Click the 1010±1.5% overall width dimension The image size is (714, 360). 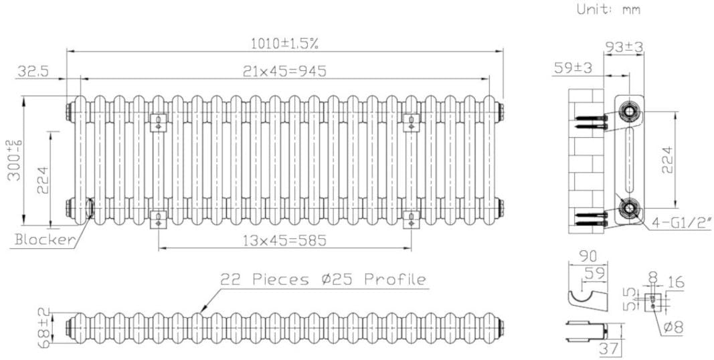click(284, 43)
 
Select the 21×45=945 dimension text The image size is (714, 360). click(284, 71)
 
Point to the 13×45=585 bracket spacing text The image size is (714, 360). click(284, 241)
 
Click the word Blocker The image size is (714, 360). click(44, 240)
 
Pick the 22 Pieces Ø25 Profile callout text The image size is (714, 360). click(323, 279)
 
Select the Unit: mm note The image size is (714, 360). click(608, 9)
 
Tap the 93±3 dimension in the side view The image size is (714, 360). click(624, 46)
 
